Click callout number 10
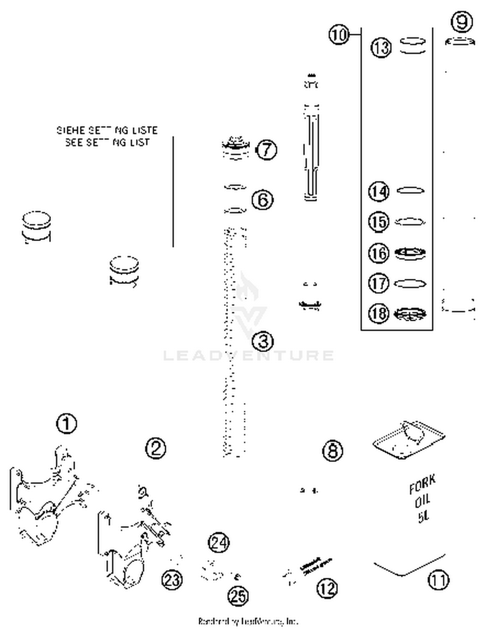pyautogui.click(x=339, y=34)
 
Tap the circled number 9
pyautogui.click(x=462, y=22)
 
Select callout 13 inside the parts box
pyautogui.click(x=381, y=47)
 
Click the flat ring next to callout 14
pyautogui.click(x=410, y=191)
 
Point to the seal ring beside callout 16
pyautogui.click(x=410, y=253)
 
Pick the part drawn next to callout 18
pyautogui.click(x=410, y=314)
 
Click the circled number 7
pyautogui.click(x=267, y=150)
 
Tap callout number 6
pyautogui.click(x=262, y=200)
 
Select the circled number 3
pyautogui.click(x=263, y=341)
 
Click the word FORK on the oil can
pyautogui.click(x=422, y=485)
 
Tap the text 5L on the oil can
pyautogui.click(x=423, y=517)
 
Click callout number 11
pyautogui.click(x=439, y=580)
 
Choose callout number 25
pyautogui.click(x=238, y=596)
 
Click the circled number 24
pyautogui.click(x=219, y=543)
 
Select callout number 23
pyautogui.click(x=172, y=580)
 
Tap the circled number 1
pyautogui.click(x=67, y=423)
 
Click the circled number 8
pyautogui.click(x=333, y=450)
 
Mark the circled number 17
pyautogui.click(x=378, y=284)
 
